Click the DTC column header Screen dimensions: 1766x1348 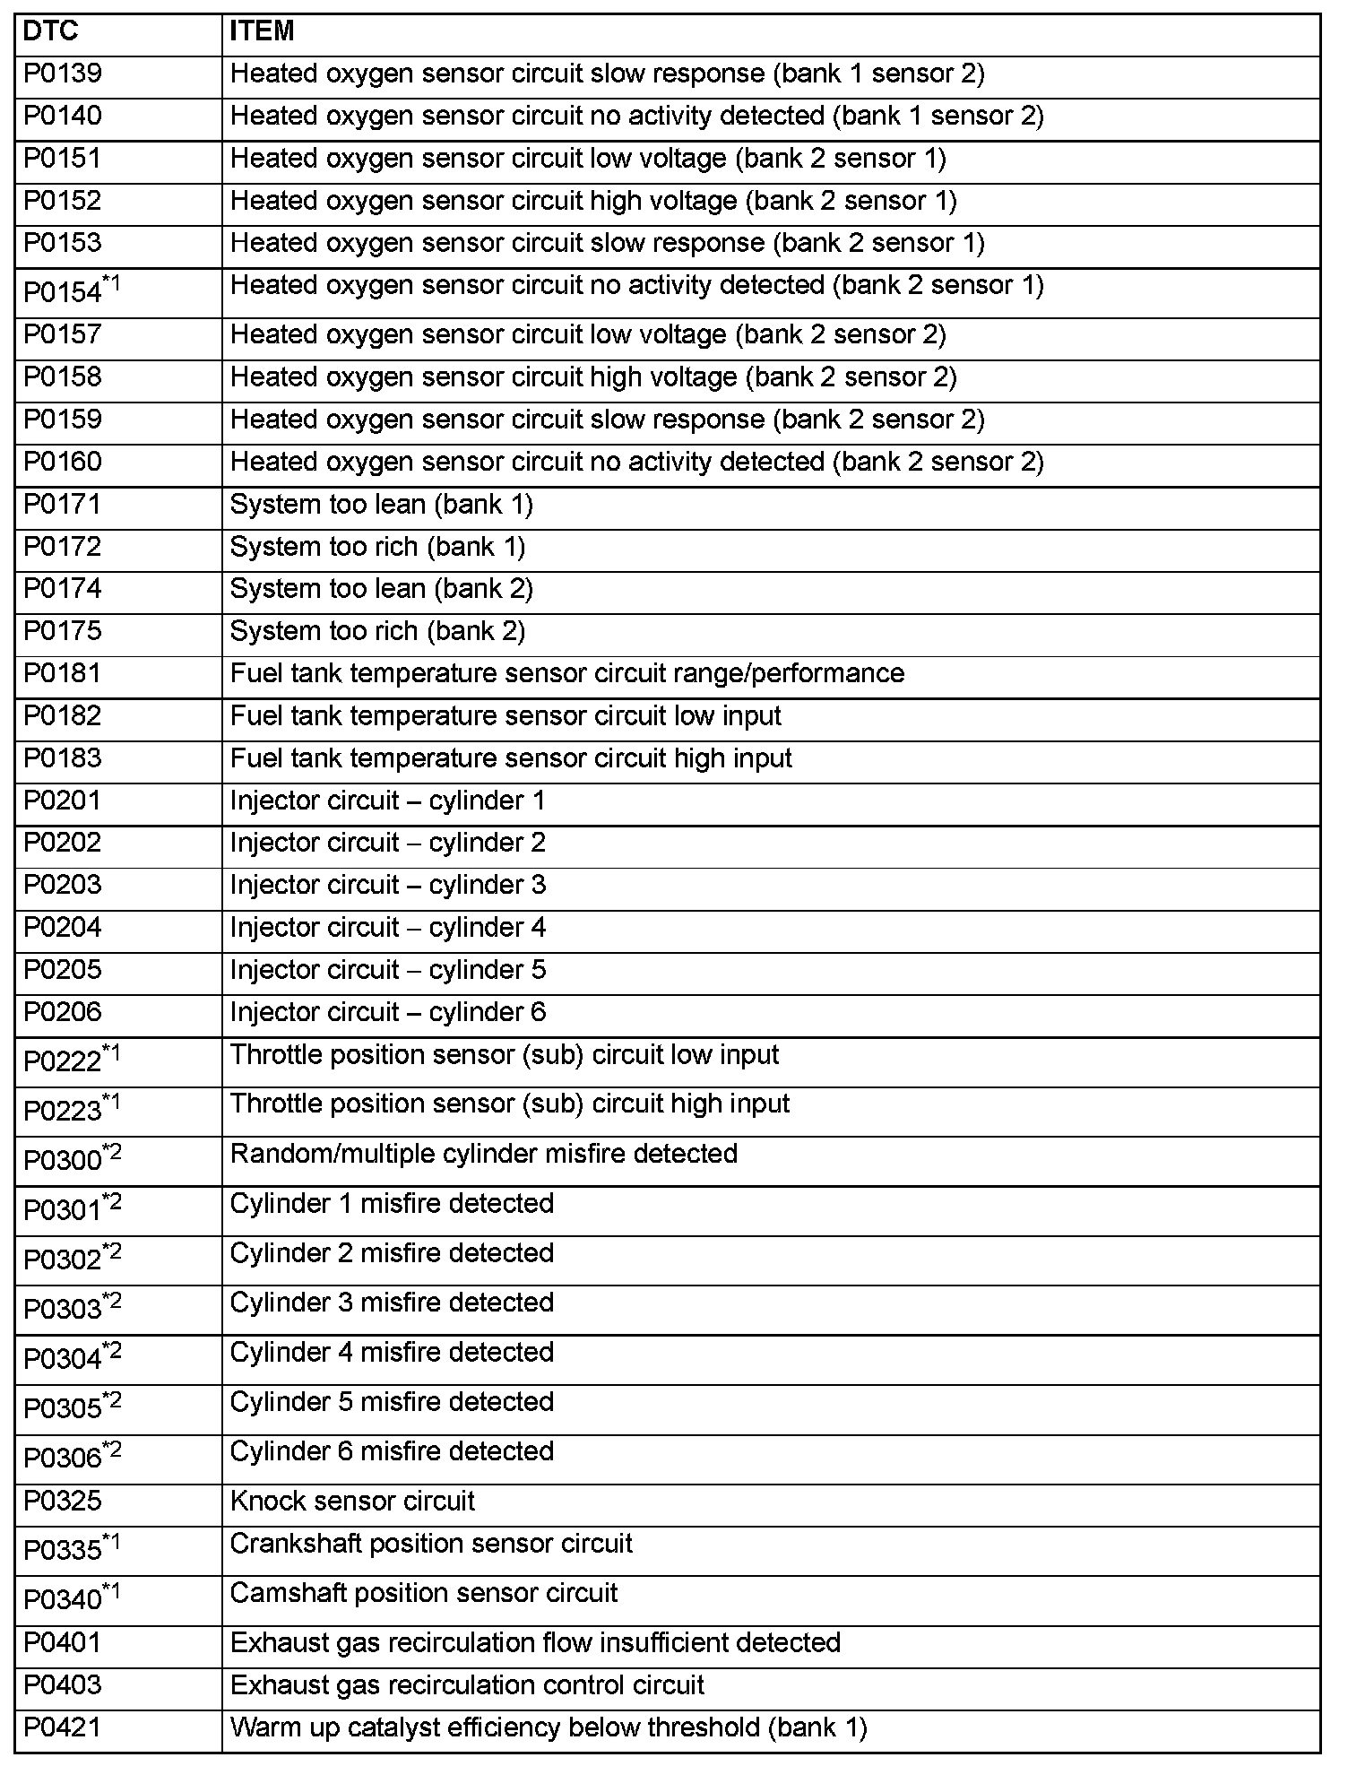(x=50, y=31)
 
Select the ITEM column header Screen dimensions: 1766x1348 (x=262, y=31)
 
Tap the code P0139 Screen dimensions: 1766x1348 (x=62, y=74)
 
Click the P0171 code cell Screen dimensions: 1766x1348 (x=62, y=505)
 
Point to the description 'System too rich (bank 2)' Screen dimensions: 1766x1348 (x=377, y=631)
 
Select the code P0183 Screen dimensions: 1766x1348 (x=62, y=758)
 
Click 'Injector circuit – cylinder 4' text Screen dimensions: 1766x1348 (x=387, y=928)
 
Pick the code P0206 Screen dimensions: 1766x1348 (x=62, y=1012)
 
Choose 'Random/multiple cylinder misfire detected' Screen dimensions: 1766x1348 (x=483, y=1154)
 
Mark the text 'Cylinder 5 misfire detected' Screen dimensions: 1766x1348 (x=392, y=1402)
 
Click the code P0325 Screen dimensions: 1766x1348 (x=62, y=1502)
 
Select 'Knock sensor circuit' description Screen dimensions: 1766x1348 (x=352, y=1502)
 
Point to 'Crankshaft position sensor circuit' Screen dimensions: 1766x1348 (x=431, y=1544)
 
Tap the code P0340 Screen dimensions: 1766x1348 (x=62, y=1600)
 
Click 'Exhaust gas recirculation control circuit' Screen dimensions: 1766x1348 (x=467, y=1685)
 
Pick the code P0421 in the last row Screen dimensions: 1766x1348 (x=62, y=1727)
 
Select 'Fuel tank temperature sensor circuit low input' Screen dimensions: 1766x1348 (x=505, y=716)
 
